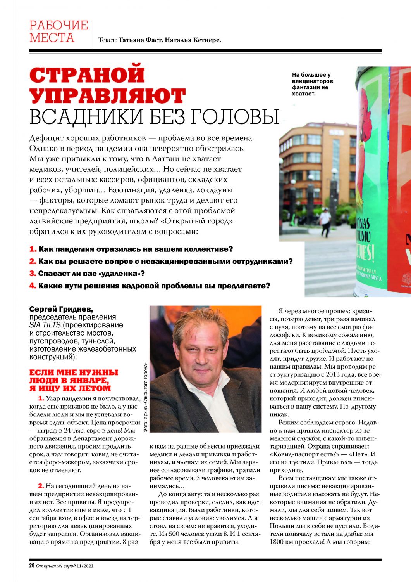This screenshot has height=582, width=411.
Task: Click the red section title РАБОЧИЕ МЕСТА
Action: tap(58, 31)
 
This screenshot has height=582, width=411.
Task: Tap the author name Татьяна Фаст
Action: tap(140, 40)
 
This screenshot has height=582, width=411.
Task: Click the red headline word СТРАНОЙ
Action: tap(87, 75)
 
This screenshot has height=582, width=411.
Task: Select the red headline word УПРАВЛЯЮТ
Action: tap(107, 96)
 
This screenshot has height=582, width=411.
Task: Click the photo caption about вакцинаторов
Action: tap(312, 84)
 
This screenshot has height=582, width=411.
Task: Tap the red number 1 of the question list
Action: tap(33, 249)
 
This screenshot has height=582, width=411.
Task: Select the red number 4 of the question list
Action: tap(33, 286)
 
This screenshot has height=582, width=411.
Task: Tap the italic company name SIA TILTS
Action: tap(45, 325)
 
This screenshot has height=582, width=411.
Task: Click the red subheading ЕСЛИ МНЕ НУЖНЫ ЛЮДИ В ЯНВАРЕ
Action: tap(74, 380)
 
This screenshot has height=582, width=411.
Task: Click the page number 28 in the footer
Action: tap(32, 565)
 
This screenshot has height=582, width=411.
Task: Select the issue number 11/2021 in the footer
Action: tap(84, 566)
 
